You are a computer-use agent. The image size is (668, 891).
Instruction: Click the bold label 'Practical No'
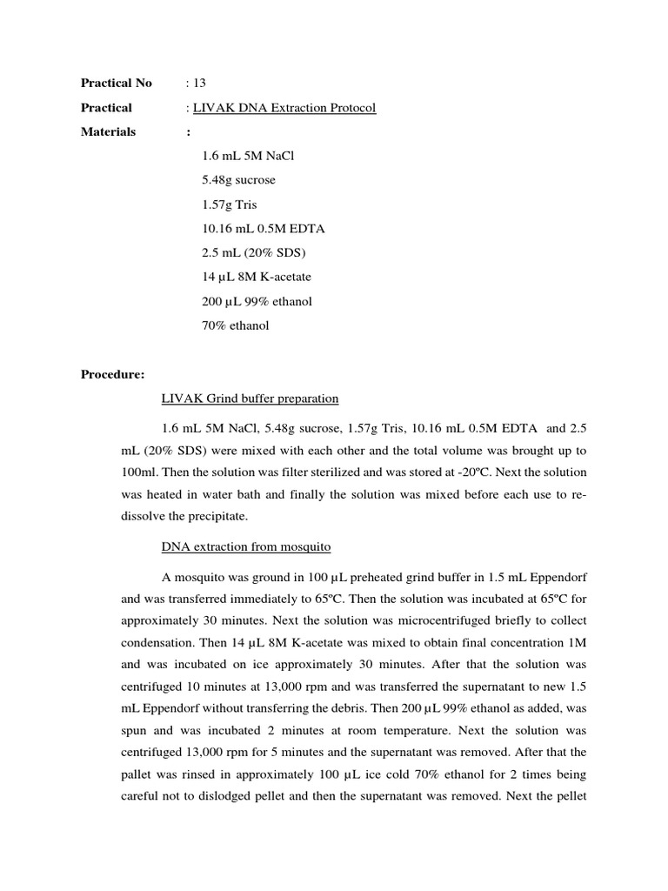(116, 83)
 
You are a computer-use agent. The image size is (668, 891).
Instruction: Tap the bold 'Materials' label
(109, 131)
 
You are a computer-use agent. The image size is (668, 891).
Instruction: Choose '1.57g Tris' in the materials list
(230, 204)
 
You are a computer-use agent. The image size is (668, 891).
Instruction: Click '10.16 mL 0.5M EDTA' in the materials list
(263, 229)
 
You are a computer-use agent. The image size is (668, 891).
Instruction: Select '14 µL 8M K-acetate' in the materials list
(256, 277)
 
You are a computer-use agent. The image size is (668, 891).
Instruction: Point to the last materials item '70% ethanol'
(235, 325)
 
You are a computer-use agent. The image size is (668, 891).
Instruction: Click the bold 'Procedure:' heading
(113, 374)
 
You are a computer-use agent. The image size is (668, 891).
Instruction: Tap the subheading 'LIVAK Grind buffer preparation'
(250, 399)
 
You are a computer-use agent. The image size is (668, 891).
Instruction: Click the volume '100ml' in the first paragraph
(141, 472)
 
